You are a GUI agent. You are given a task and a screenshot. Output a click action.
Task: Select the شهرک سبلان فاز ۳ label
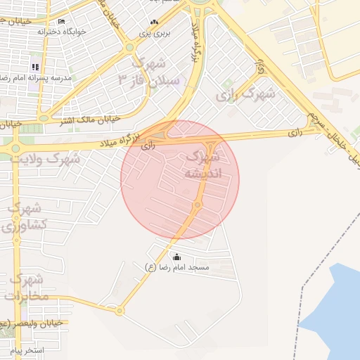150,70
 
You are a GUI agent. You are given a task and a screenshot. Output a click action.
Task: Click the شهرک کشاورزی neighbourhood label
27,217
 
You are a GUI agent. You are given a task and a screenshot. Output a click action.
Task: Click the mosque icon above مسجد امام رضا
176,257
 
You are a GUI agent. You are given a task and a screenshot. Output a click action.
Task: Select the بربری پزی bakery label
154,32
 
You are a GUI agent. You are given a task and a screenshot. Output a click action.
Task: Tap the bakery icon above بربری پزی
154,22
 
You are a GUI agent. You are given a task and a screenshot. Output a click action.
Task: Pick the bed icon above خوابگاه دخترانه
61,22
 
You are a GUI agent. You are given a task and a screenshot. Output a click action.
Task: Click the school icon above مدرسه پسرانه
36,67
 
